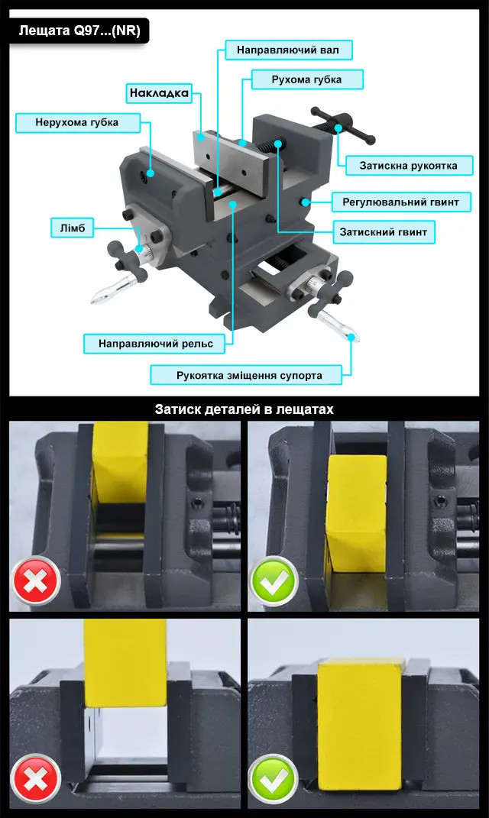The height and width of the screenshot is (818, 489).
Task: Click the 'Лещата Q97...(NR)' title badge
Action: (79, 31)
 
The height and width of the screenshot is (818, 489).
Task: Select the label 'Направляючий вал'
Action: (288, 50)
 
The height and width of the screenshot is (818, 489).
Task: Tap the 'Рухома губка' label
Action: (307, 80)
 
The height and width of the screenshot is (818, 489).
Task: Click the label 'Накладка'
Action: (159, 93)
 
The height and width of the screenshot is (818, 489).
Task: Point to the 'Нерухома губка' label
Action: (77, 123)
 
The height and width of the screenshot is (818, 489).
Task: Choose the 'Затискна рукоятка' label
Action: (409, 166)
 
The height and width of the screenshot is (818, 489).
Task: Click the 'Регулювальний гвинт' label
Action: (401, 202)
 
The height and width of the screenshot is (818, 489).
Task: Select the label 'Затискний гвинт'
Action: (384, 232)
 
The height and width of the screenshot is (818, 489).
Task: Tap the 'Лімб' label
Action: (72, 228)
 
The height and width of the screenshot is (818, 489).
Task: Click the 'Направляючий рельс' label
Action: (156, 344)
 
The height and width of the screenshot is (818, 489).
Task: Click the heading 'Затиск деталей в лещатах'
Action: (244, 409)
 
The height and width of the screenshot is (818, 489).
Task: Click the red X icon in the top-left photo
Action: (36, 581)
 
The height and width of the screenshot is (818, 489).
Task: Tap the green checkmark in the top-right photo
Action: (274, 581)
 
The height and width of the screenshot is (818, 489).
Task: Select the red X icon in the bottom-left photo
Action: (36, 780)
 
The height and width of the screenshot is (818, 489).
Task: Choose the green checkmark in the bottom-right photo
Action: (274, 780)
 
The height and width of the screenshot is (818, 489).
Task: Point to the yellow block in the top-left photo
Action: (121, 462)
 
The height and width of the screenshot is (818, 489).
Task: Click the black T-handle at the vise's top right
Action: (342, 126)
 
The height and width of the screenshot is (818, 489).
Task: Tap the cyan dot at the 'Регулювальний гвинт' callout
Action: (306, 202)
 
